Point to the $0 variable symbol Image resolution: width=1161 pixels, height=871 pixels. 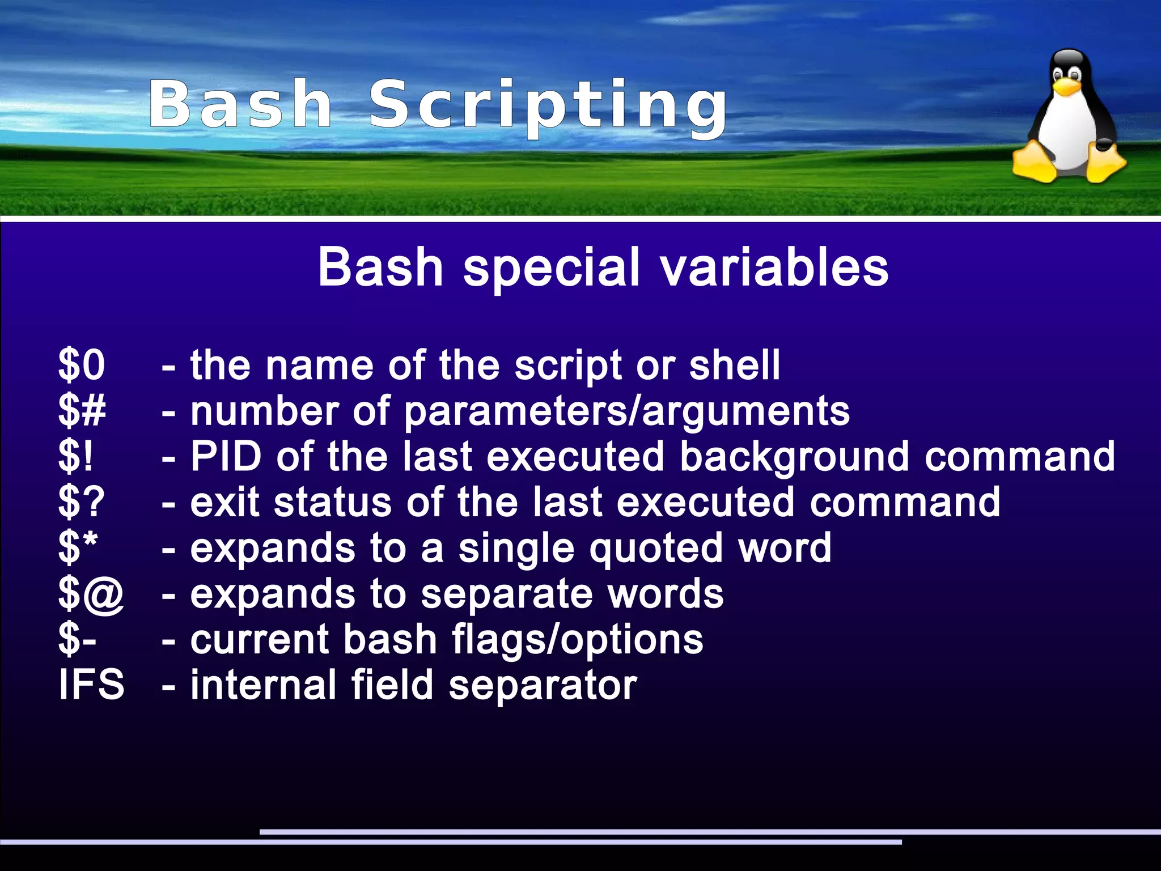coord(82,365)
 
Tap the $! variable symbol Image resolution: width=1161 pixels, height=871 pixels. coord(75,457)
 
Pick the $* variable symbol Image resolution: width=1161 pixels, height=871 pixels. coord(78,547)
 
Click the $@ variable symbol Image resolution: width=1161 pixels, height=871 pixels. coord(91,594)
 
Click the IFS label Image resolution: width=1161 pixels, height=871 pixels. coord(91,685)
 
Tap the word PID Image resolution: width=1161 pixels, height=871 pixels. coord(226,456)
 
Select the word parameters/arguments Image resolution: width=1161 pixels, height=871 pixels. coord(626,412)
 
